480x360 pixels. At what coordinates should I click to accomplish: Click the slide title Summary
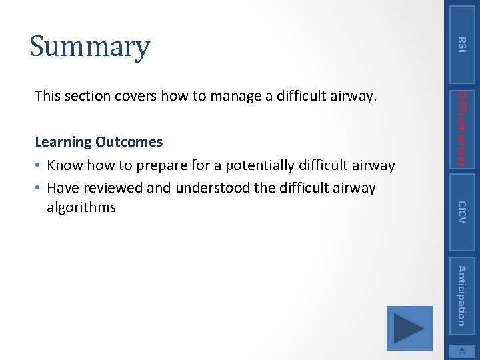[89, 47]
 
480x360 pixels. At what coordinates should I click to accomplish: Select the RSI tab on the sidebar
[461, 44]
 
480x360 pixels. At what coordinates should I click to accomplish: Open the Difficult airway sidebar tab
[461, 128]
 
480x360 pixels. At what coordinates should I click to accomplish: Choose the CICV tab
[461, 211]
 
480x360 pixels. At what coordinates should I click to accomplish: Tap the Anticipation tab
[461, 295]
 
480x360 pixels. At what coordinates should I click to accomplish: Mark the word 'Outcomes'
[129, 142]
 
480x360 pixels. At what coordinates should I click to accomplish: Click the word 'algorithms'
[81, 207]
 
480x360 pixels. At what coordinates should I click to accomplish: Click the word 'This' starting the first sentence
[47, 96]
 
